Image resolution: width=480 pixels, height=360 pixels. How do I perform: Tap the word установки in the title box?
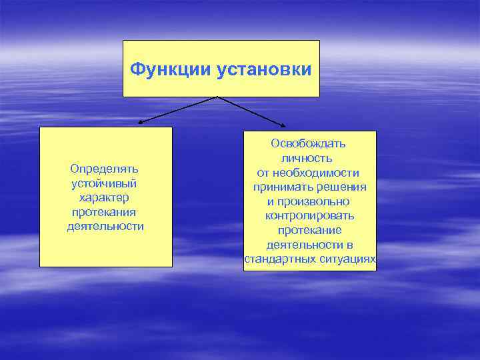(x=263, y=69)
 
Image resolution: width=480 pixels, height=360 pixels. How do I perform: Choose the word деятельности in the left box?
(x=105, y=226)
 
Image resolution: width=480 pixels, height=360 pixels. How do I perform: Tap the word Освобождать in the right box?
(x=308, y=143)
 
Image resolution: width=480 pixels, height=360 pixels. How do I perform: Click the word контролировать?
(x=309, y=216)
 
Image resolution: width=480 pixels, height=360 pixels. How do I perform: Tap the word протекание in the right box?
(x=309, y=230)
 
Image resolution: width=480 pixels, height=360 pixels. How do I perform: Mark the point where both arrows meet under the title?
(x=217, y=97)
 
